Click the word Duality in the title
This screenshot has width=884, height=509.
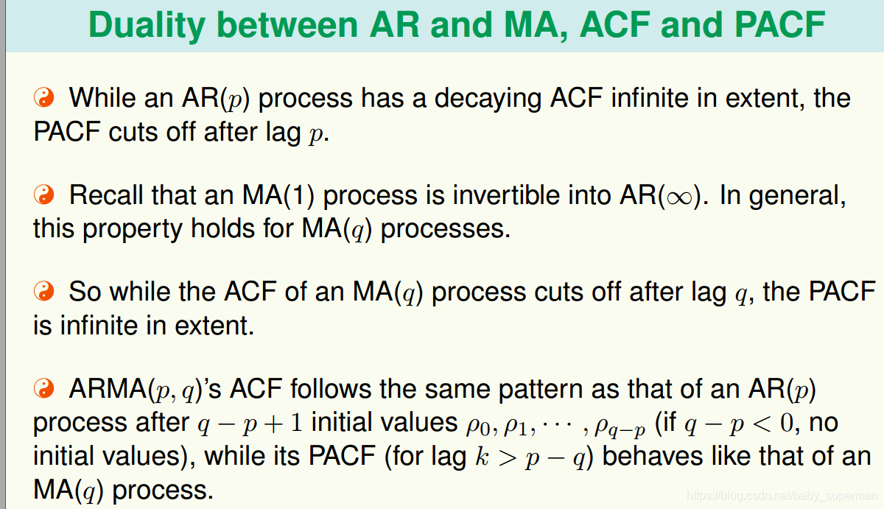[147, 26]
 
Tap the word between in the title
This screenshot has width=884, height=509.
[287, 25]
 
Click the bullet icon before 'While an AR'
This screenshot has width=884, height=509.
[43, 97]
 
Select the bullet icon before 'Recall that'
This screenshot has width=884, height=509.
[43, 194]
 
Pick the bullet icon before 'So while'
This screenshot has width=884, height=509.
[43, 291]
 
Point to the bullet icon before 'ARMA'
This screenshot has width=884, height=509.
[43, 388]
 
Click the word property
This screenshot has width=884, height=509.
[133, 230]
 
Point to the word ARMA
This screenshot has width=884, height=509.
[108, 389]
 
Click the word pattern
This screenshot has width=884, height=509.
[540, 390]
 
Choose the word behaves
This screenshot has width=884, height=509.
[653, 456]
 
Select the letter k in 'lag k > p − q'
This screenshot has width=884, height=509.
[482, 456]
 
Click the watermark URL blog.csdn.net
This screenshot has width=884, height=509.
[782, 495]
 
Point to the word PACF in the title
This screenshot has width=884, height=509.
[780, 25]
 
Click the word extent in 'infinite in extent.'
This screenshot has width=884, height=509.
[214, 326]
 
